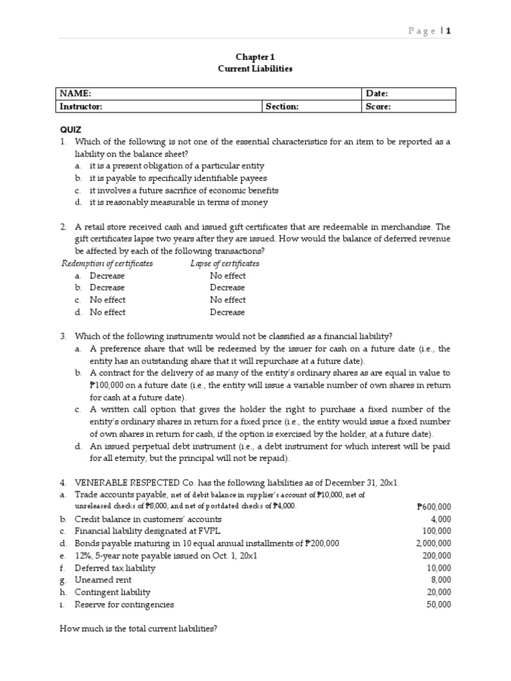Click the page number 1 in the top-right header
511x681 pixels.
pos(449,31)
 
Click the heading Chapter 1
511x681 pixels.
pos(255,57)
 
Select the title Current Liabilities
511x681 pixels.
pos(255,68)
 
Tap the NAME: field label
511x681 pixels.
pos(75,94)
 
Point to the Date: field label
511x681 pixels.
pos(377,94)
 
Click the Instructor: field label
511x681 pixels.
pos(81,106)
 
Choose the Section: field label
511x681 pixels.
pos(282,106)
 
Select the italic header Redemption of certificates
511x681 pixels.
pos(107,263)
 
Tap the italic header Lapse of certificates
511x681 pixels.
pos(225,263)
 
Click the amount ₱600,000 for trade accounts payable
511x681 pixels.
pos(433,507)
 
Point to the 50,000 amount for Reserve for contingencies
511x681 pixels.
pos(438,605)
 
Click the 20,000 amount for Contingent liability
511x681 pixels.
pos(438,592)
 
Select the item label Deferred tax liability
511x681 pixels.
pos(115,568)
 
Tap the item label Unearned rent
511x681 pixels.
pos(103,580)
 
